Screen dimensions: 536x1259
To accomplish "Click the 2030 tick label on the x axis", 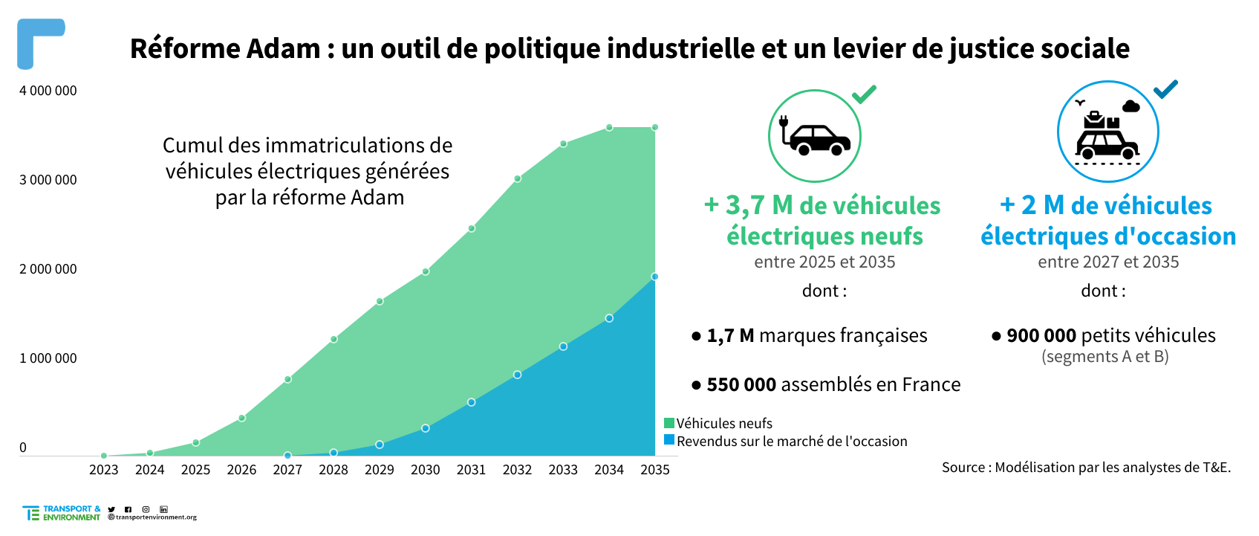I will [425, 470].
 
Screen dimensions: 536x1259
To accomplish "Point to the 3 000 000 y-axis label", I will [48, 180].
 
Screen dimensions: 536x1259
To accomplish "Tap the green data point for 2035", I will [654, 128].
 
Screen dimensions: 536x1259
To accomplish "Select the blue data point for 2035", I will [654, 277].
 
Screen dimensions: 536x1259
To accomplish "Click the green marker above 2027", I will [287, 379].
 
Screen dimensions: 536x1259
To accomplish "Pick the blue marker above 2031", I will [472, 402].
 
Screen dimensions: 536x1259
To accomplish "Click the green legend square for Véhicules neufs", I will [669, 423].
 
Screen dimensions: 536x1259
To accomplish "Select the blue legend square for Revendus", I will [669, 440].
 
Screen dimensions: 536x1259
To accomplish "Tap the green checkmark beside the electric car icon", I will [864, 94].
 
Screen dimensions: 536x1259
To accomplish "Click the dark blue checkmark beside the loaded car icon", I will [1165, 89].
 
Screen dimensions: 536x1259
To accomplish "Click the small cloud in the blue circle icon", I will [1131, 107].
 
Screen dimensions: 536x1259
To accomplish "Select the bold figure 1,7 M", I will [730, 336].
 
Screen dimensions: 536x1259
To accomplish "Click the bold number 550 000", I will [741, 385].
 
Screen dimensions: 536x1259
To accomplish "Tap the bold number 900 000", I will [1041, 336].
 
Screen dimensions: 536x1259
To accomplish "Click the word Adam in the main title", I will [283, 49].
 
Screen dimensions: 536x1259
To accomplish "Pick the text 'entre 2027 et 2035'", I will [1108, 262].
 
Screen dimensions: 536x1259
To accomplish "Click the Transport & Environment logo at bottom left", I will [62, 513].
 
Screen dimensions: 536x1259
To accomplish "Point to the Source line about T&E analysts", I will [1086, 468].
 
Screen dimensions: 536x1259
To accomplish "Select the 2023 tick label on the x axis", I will [103, 470].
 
